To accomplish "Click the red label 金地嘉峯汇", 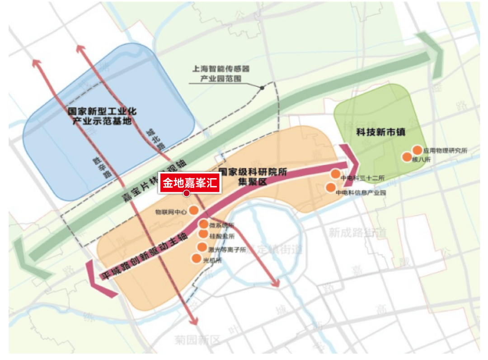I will coord(189,183).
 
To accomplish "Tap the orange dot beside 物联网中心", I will coord(193,210).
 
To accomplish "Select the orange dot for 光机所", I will coord(196,259).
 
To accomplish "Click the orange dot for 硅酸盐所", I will coord(204,234).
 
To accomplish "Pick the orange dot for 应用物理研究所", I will coord(417,150).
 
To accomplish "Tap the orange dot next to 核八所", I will coord(407,157).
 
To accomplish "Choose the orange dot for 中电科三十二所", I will coord(335,174).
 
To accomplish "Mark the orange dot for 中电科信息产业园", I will coord(331,187).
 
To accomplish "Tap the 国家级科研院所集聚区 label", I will coord(253,177).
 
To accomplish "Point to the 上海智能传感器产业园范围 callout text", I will coord(221,74).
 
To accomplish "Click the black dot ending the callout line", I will coord(262,88).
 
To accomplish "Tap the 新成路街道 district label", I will coord(357,233).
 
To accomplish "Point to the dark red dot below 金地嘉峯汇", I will coord(186,194).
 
